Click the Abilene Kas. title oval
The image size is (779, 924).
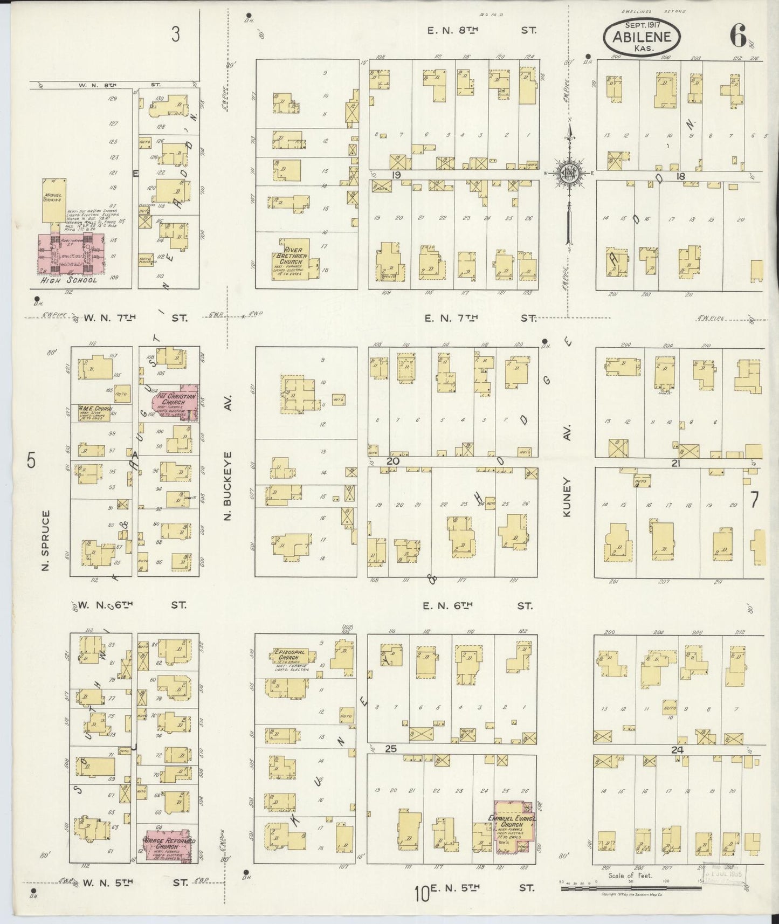(641, 37)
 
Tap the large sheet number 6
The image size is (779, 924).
(737, 36)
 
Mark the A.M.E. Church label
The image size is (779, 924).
(95, 409)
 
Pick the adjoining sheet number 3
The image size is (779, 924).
(175, 35)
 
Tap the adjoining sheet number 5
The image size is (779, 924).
(31, 462)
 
